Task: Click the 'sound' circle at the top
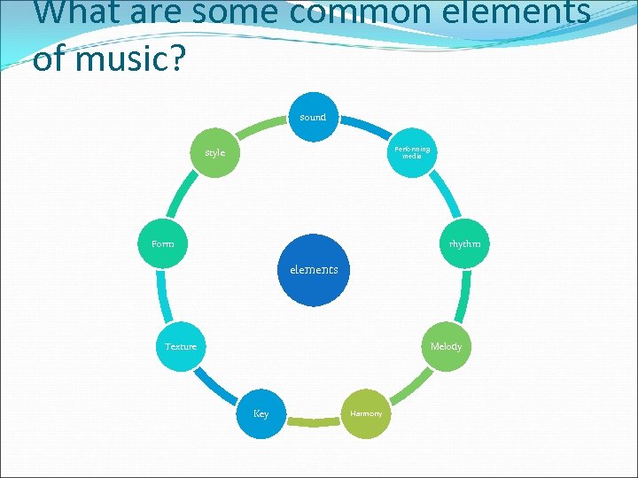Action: coord(313,117)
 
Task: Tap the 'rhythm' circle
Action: coord(463,243)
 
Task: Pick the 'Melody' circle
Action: coord(446,346)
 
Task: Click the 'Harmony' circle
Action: coord(366,413)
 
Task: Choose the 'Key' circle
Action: coord(261,413)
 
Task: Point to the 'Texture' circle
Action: coord(181,346)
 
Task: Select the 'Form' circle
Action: coord(163,243)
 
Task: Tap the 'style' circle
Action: coord(215,152)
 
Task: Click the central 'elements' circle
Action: coord(314,270)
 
